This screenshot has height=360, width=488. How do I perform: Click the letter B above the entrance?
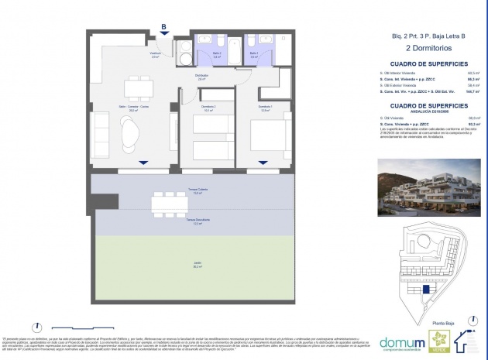coord(163,26)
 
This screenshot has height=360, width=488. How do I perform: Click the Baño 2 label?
coord(217,55)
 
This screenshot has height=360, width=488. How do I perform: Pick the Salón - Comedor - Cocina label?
coord(139,108)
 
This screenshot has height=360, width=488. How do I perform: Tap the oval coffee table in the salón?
coord(131,139)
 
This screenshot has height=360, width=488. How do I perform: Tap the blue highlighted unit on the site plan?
coord(425,289)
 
